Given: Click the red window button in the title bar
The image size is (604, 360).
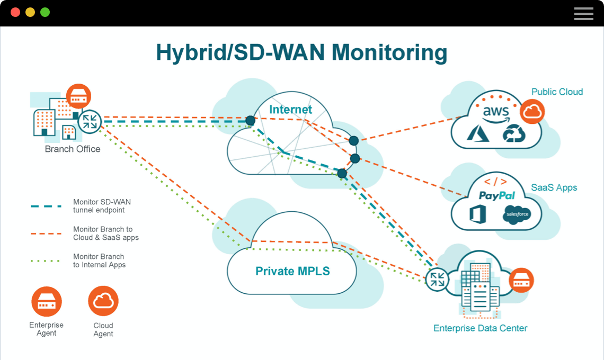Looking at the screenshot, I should pos(15,12).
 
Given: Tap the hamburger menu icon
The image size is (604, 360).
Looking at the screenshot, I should pos(583,14).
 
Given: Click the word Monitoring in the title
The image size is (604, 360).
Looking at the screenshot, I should pos(389,53).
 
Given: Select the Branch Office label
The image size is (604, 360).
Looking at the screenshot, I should pos(73,149).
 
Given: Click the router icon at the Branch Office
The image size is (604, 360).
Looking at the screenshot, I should pos(90,121).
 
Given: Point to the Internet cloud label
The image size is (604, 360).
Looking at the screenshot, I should pos(290,110).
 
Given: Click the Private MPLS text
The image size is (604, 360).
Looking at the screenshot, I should pos(292,272).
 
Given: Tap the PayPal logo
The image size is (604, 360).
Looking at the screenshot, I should pos(497,196).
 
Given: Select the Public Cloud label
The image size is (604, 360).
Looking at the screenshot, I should pos(557,92).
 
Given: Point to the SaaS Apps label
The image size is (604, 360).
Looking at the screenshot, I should pos(554,188).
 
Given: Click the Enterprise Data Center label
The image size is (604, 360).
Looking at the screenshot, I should pos(480,328).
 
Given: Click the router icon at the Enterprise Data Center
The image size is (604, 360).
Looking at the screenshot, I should pos(438,280).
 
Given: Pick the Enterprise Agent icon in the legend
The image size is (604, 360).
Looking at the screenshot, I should pos(47,301).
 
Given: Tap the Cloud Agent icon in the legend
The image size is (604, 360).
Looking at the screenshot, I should pos(103,301).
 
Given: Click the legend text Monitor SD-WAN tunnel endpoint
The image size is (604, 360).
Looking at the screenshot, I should pos(102,206).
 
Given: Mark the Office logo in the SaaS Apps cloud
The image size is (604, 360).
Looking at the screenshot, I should pos(478,214).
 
